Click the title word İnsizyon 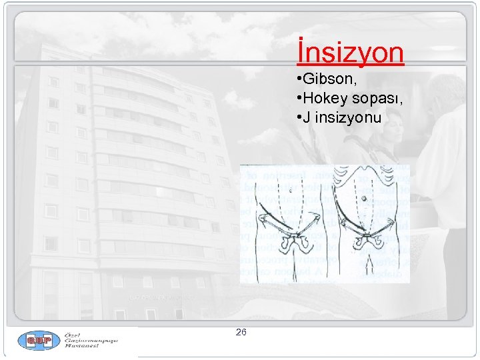click(x=351, y=52)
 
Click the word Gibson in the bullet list click(x=325, y=80)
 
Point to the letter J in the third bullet click(x=306, y=118)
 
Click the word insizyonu click(x=347, y=118)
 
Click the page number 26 click(x=241, y=332)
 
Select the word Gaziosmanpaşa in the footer click(x=91, y=341)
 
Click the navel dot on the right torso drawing click(x=365, y=198)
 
